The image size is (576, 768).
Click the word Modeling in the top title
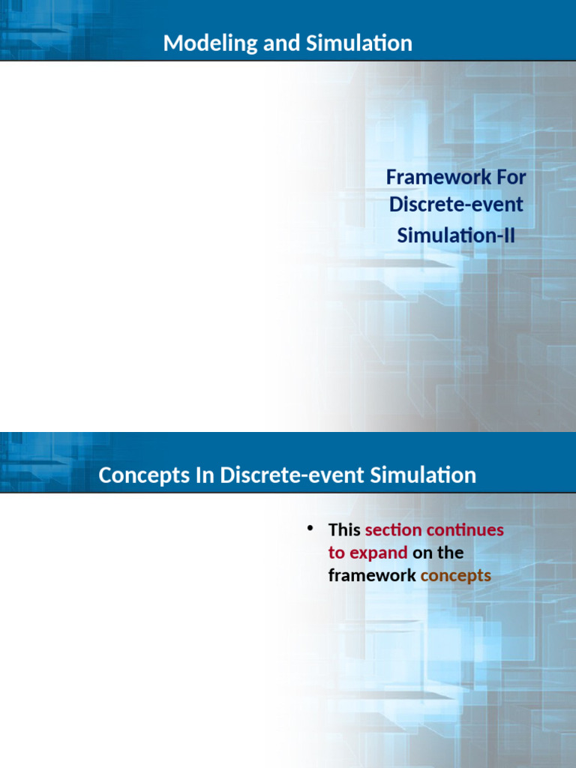[x=211, y=43]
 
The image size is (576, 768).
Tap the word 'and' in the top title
[x=282, y=43]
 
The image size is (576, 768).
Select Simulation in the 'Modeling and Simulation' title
[x=359, y=43]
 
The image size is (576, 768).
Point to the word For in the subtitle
[x=511, y=177]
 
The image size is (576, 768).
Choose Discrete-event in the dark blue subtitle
[x=456, y=204]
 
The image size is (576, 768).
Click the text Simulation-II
[x=456, y=235]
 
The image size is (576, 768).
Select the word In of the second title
[x=205, y=475]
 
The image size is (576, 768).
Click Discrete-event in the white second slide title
[x=292, y=475]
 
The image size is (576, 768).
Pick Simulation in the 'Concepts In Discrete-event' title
[x=423, y=475]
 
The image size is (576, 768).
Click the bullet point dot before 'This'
[x=310, y=528]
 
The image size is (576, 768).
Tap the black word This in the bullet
[x=344, y=530]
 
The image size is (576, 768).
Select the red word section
[x=393, y=530]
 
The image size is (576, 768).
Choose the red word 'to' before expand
[x=337, y=553]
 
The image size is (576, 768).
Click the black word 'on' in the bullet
[x=422, y=553]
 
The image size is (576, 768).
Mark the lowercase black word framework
[x=372, y=575]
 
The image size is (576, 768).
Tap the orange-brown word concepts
[x=456, y=576]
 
